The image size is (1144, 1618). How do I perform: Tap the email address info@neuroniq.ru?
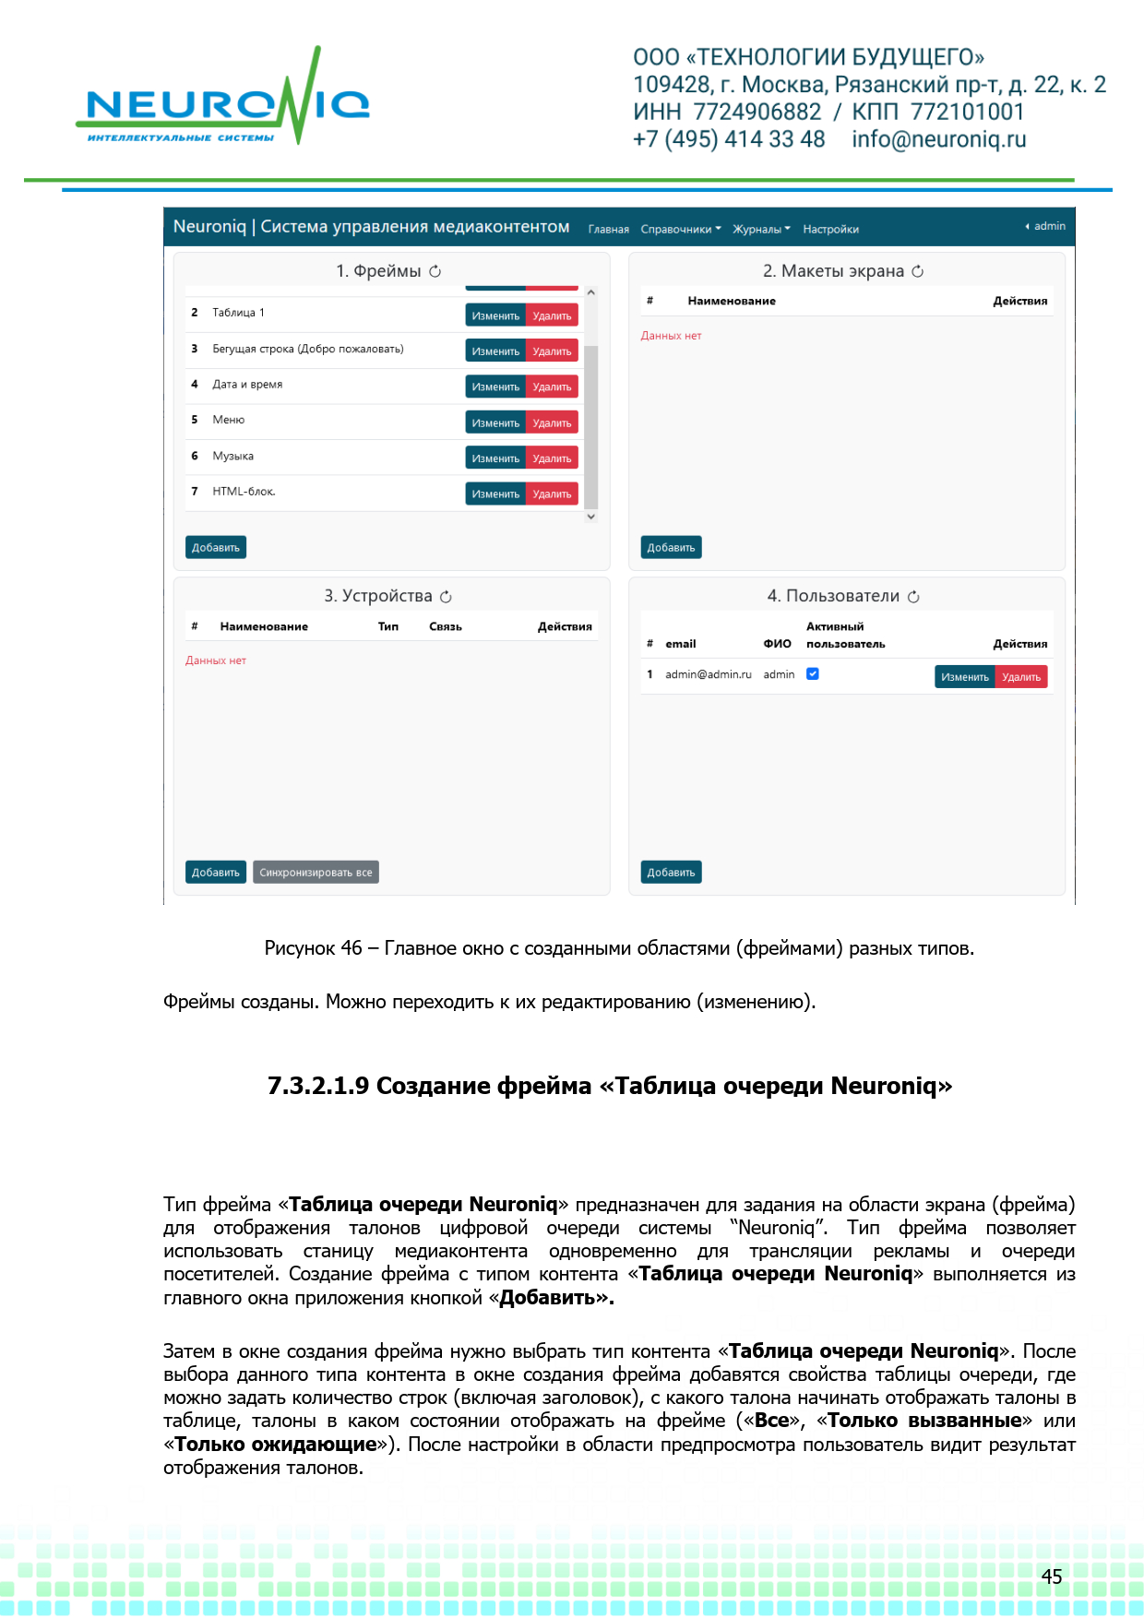(938, 139)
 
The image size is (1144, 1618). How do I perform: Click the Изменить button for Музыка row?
(495, 458)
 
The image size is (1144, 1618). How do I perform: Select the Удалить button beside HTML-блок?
(552, 494)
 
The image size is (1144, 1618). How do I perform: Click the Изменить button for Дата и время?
(495, 387)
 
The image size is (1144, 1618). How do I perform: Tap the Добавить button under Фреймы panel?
(215, 548)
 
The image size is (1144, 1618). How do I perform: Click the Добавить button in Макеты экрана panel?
(671, 548)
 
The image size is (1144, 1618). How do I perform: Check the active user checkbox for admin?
(813, 674)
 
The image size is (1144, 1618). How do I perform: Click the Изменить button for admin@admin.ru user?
(964, 677)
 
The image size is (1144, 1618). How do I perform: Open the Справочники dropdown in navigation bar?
(681, 230)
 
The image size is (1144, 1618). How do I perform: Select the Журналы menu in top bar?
(761, 230)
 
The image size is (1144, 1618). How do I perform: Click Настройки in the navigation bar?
(830, 230)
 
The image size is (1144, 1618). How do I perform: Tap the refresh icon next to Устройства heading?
(447, 597)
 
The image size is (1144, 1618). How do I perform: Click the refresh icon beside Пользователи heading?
(913, 597)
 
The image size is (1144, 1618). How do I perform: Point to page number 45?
(1052, 1576)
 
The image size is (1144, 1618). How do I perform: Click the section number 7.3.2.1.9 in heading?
(318, 1086)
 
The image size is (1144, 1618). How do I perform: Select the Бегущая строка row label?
(307, 349)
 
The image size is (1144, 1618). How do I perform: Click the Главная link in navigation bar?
(609, 230)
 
